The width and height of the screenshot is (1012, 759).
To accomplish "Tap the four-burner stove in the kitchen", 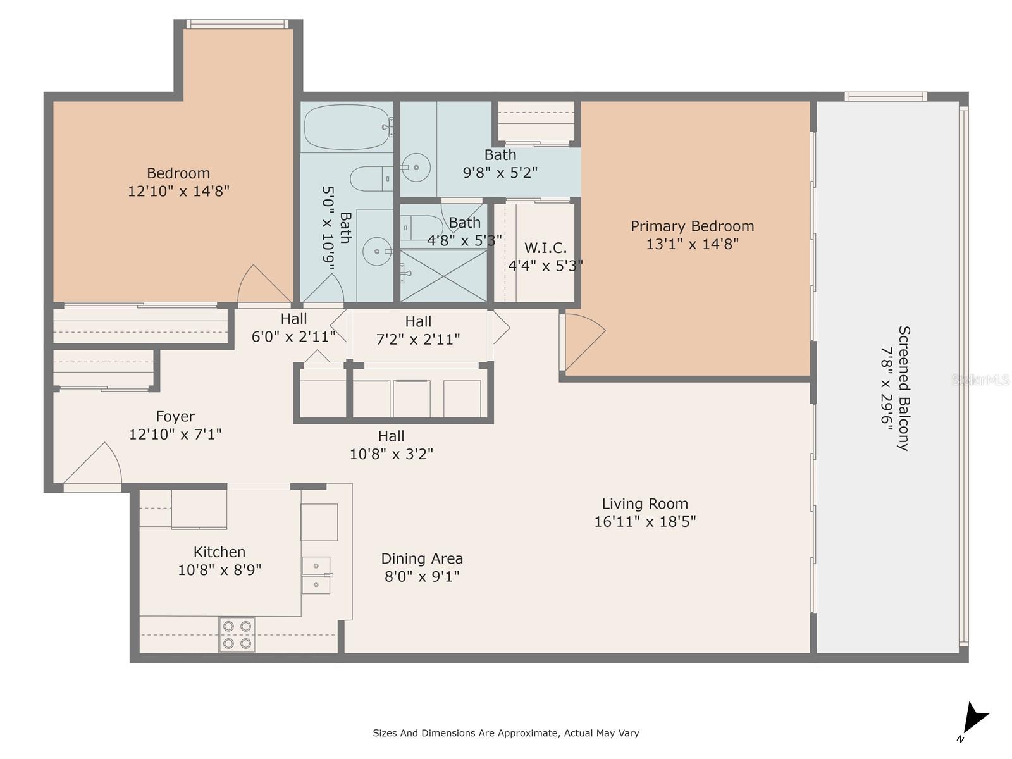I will [237, 634].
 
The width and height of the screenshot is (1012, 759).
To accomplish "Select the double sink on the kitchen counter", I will [316, 575].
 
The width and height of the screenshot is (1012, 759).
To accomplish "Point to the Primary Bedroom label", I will [692, 226].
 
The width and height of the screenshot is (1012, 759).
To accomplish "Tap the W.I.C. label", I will [545, 248].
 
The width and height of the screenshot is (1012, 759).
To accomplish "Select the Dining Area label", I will [422, 558].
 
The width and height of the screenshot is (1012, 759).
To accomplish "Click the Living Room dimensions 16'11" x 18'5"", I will [645, 522].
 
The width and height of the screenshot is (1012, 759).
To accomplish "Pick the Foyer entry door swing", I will [95, 465].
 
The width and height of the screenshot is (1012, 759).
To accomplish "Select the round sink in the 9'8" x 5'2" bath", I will [416, 168].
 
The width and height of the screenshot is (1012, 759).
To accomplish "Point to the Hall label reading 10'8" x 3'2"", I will [391, 445].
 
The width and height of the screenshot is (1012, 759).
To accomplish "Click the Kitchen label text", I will [219, 552].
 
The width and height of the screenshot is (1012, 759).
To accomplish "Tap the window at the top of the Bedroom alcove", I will [237, 25].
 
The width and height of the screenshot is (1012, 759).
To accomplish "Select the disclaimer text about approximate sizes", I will [505, 733].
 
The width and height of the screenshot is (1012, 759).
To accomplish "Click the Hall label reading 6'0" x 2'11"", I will [293, 328].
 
